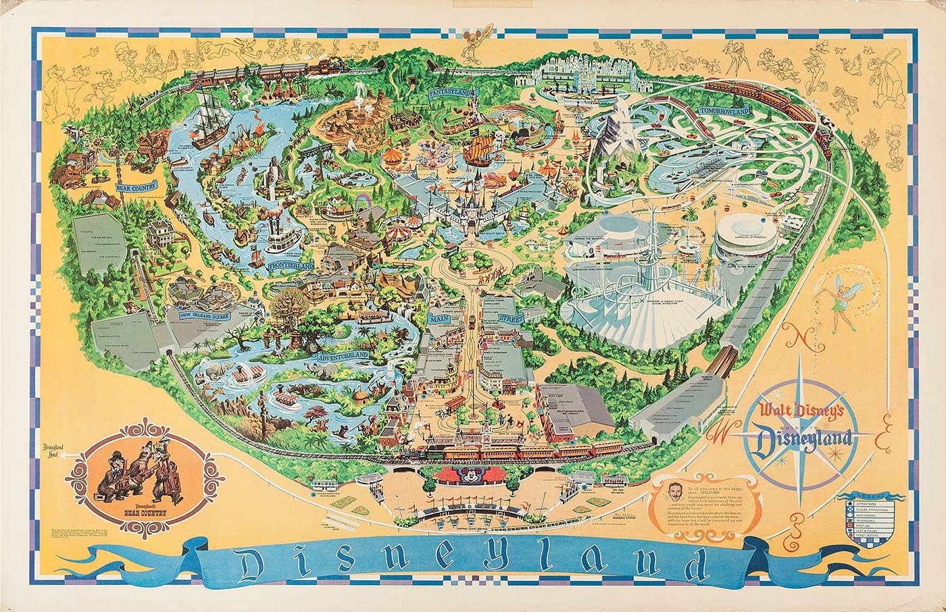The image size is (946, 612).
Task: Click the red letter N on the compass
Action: [796, 336]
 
